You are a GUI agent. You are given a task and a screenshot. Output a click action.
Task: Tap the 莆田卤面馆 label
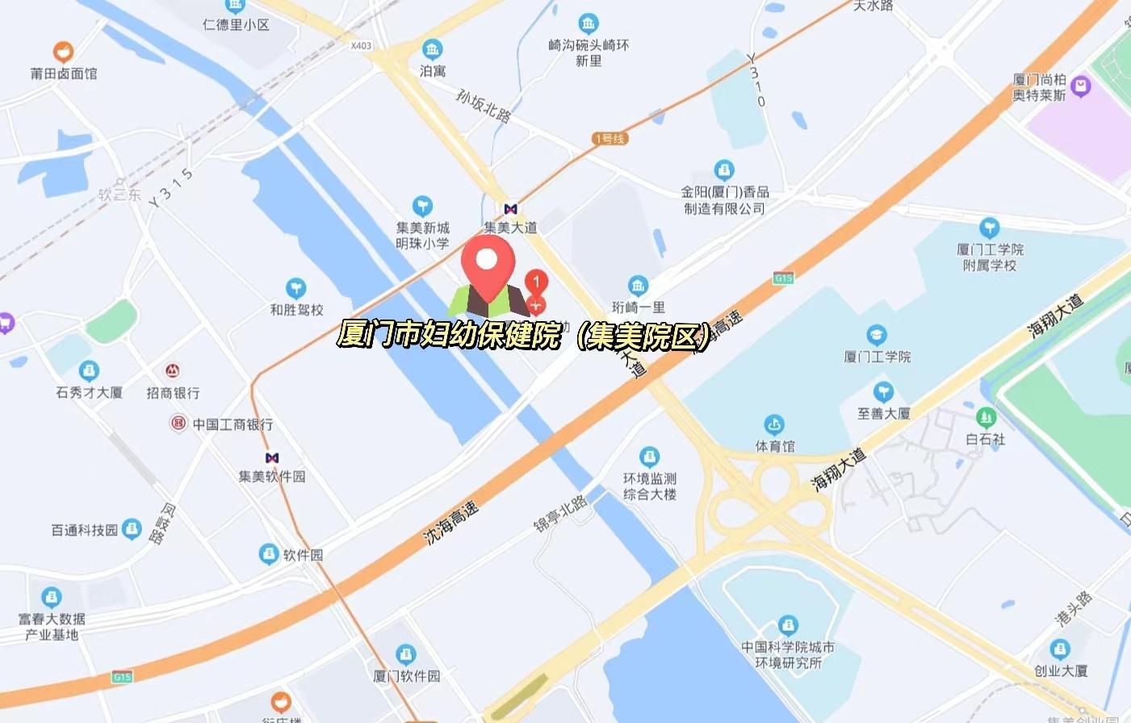pyautogui.click(x=64, y=73)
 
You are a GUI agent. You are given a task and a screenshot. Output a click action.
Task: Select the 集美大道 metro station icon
pyautogui.click(x=510, y=209)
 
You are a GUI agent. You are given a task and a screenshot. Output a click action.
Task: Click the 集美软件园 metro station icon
pyautogui.click(x=272, y=458)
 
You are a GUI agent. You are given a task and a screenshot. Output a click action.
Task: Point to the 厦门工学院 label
pyautogui.click(x=877, y=357)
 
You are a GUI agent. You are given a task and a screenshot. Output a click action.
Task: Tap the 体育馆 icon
pyautogui.click(x=774, y=424)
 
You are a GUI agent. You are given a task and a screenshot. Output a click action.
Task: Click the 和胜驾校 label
pyautogui.click(x=296, y=310)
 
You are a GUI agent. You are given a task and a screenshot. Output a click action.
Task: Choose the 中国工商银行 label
pyautogui.click(x=232, y=424)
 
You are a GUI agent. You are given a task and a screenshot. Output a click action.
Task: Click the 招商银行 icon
pyautogui.click(x=172, y=371)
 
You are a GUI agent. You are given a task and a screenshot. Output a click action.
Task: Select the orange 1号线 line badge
pyautogui.click(x=609, y=139)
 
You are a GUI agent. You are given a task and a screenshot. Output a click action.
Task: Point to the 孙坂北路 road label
pyautogui.click(x=483, y=106)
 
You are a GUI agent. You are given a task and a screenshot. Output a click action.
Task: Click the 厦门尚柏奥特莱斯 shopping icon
pyautogui.click(x=1080, y=86)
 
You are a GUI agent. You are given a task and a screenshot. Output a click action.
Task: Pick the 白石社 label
pyautogui.click(x=985, y=440)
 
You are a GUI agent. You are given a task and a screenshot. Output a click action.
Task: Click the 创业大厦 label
pyautogui.click(x=1061, y=671)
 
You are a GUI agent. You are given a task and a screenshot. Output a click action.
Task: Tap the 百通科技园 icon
pyautogui.click(x=132, y=529)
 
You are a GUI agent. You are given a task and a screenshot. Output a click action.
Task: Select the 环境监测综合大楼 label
pyautogui.click(x=650, y=487)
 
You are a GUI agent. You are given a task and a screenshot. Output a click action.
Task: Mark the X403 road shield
pyautogui.click(x=362, y=46)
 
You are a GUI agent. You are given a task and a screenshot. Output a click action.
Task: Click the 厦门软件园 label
pyautogui.click(x=407, y=676)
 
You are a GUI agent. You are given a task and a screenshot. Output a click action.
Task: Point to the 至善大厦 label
pyautogui.click(x=883, y=414)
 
